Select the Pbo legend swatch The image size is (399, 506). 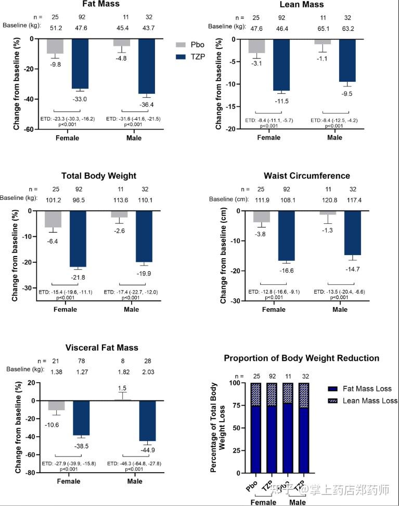(181, 46)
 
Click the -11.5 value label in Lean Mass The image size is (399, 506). (281, 100)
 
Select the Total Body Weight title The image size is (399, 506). (99, 176)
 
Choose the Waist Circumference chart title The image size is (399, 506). (307, 175)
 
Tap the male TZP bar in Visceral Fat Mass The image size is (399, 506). (147, 421)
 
